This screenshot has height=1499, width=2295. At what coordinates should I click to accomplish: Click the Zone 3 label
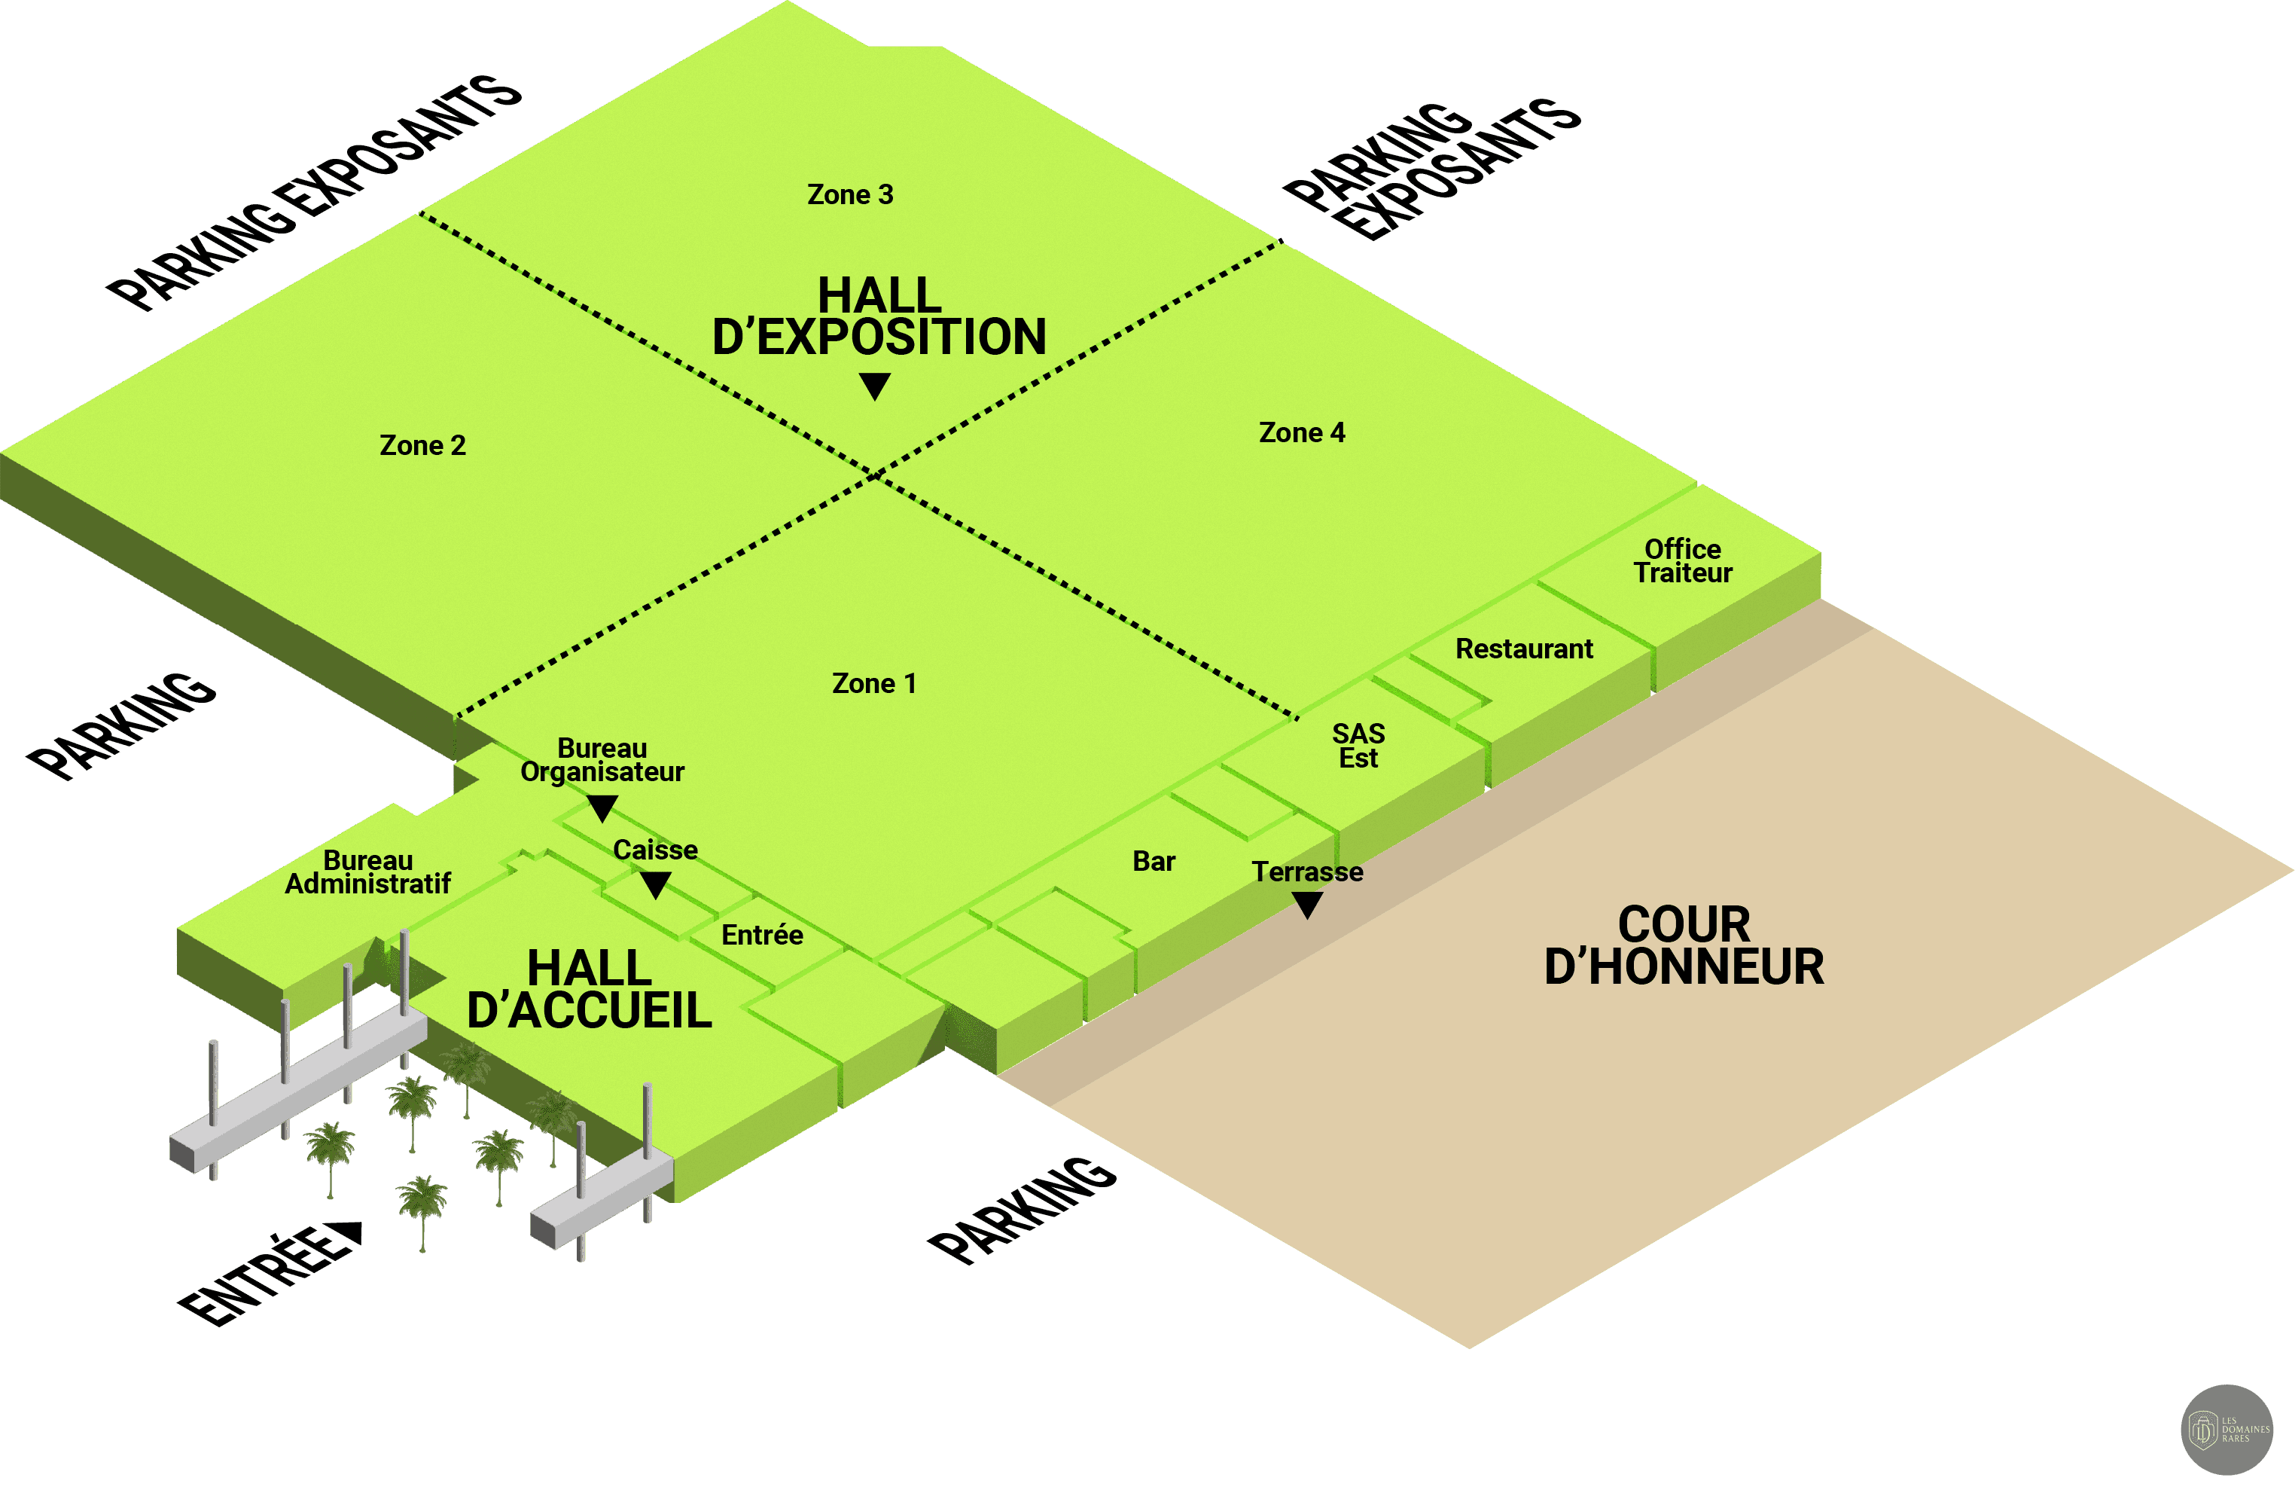point(849,195)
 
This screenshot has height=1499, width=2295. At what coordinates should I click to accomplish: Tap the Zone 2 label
point(422,446)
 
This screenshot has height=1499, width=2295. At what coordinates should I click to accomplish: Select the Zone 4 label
point(1302,433)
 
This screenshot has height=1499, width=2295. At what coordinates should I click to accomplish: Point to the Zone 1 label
point(873,684)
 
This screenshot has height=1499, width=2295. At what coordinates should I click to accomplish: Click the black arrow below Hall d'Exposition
point(875,386)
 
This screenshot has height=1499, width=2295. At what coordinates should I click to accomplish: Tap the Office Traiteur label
point(1683,561)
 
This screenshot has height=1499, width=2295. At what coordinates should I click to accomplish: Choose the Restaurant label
point(1523,649)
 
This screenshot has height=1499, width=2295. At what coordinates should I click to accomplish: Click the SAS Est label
point(1358,746)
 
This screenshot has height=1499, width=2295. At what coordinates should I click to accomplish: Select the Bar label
point(1154,862)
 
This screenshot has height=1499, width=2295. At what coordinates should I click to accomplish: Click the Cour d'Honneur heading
point(1684,945)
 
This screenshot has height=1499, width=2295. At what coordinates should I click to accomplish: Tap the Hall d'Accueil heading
point(589,990)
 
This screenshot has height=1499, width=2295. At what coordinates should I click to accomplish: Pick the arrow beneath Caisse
point(655,884)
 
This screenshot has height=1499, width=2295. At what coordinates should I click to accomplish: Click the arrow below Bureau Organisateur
point(602,808)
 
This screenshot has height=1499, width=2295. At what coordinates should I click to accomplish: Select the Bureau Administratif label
point(367,872)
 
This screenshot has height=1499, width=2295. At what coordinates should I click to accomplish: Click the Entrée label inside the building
point(762,935)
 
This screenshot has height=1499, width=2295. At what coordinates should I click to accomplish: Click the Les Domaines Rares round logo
point(2226,1430)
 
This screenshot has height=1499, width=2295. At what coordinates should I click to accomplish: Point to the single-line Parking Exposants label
point(313,193)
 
